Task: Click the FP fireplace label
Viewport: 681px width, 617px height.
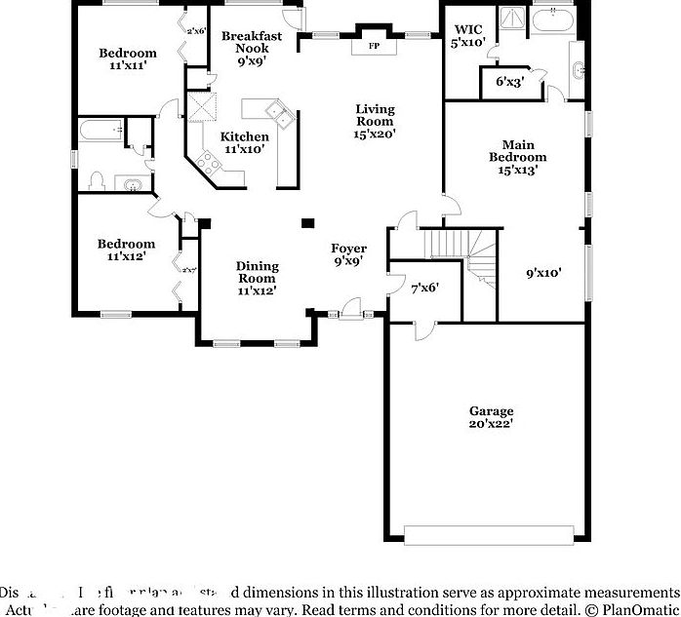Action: (x=372, y=46)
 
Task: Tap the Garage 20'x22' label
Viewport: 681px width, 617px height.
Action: (x=491, y=417)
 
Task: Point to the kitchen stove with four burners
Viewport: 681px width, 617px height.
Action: (x=207, y=162)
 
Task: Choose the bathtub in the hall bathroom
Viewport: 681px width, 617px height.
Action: (x=100, y=128)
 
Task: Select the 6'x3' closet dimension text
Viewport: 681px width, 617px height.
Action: (x=509, y=82)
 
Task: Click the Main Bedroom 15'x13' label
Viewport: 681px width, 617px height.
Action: (x=517, y=156)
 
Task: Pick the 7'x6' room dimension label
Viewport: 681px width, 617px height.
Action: (x=424, y=288)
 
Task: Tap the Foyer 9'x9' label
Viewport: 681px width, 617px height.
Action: (x=348, y=254)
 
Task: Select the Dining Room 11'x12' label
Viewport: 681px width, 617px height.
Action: (x=257, y=278)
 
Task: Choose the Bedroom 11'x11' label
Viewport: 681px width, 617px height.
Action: (x=128, y=59)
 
